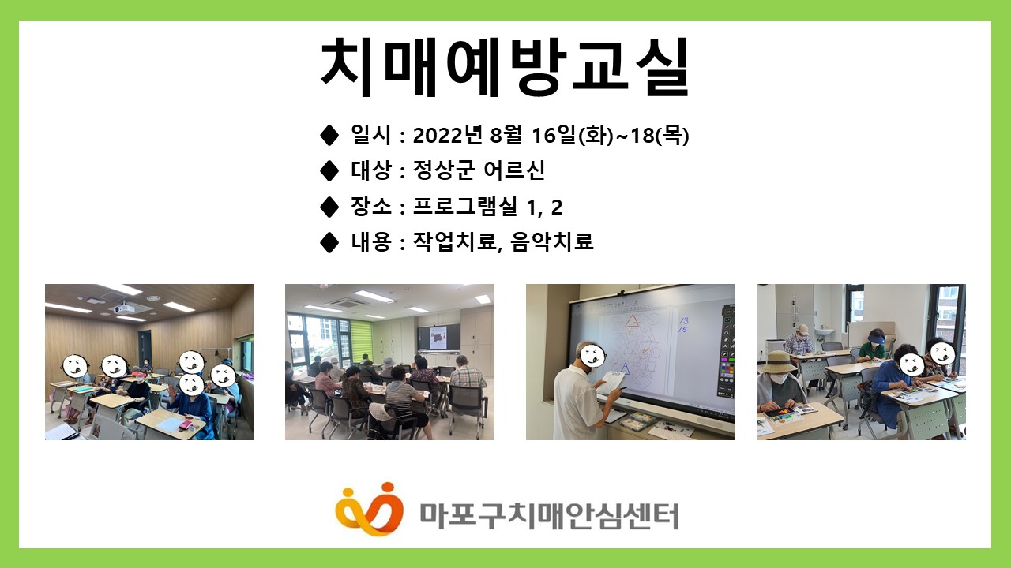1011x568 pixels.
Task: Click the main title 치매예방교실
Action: point(504,67)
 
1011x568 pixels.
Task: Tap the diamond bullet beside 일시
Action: point(329,135)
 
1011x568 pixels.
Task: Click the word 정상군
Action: point(444,170)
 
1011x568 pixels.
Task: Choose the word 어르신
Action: point(514,170)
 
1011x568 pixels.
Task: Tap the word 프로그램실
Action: point(465,207)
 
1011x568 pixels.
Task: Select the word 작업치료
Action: point(455,242)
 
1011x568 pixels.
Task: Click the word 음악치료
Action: point(551,242)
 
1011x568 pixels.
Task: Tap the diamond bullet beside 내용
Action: point(329,242)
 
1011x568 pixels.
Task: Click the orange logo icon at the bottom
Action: point(369,509)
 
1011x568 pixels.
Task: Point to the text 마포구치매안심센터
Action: point(549,516)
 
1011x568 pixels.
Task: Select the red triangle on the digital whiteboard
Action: point(633,321)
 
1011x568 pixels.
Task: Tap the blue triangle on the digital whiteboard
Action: point(625,370)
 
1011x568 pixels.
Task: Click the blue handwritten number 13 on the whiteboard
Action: point(684,320)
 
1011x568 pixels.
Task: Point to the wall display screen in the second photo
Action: point(438,338)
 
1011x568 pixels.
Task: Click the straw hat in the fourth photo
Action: point(776,362)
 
